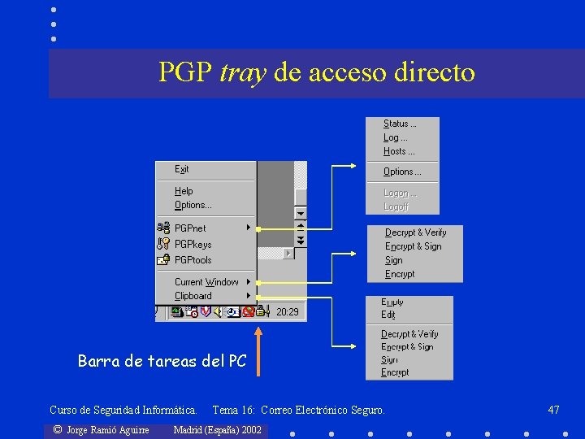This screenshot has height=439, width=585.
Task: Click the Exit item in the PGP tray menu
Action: pos(182,169)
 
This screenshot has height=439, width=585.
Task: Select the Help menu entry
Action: pos(184,191)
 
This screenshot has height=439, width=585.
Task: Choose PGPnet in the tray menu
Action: pos(190,228)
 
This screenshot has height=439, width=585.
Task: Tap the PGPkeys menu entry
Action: pos(193,244)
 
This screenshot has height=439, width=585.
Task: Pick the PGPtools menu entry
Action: pos(193,260)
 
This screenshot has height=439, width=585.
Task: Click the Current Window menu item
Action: pos(206,282)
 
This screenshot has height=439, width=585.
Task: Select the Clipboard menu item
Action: pos(193,296)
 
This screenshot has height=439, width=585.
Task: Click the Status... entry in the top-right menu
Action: pos(400,124)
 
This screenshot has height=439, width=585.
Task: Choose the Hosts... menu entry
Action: pos(399,151)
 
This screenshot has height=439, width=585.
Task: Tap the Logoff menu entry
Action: pos(396,206)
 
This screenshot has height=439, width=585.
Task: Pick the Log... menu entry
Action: pos(396,137)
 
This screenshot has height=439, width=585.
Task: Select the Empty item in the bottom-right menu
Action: pos(392,302)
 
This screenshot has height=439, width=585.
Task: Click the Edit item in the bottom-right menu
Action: pos(388,315)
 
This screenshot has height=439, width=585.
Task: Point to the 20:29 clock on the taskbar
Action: pos(288,311)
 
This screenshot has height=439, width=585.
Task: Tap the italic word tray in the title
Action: pos(243,73)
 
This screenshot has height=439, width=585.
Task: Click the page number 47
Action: pos(553,410)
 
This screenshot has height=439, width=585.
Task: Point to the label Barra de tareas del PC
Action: pos(162,361)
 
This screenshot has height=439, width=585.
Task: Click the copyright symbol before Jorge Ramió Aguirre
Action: pos(57,429)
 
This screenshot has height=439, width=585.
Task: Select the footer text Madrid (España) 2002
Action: pos(218,429)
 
